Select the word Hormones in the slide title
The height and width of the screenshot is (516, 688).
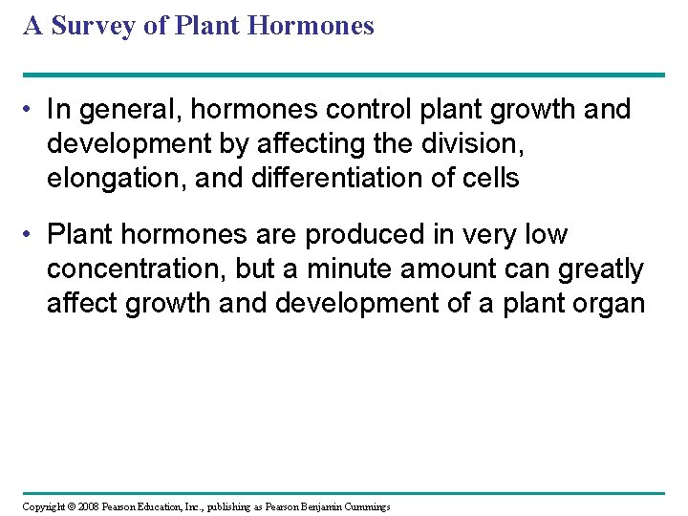click(311, 26)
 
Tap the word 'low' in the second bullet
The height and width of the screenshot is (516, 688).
click(545, 234)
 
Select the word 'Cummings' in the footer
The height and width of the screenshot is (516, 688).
click(362, 505)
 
